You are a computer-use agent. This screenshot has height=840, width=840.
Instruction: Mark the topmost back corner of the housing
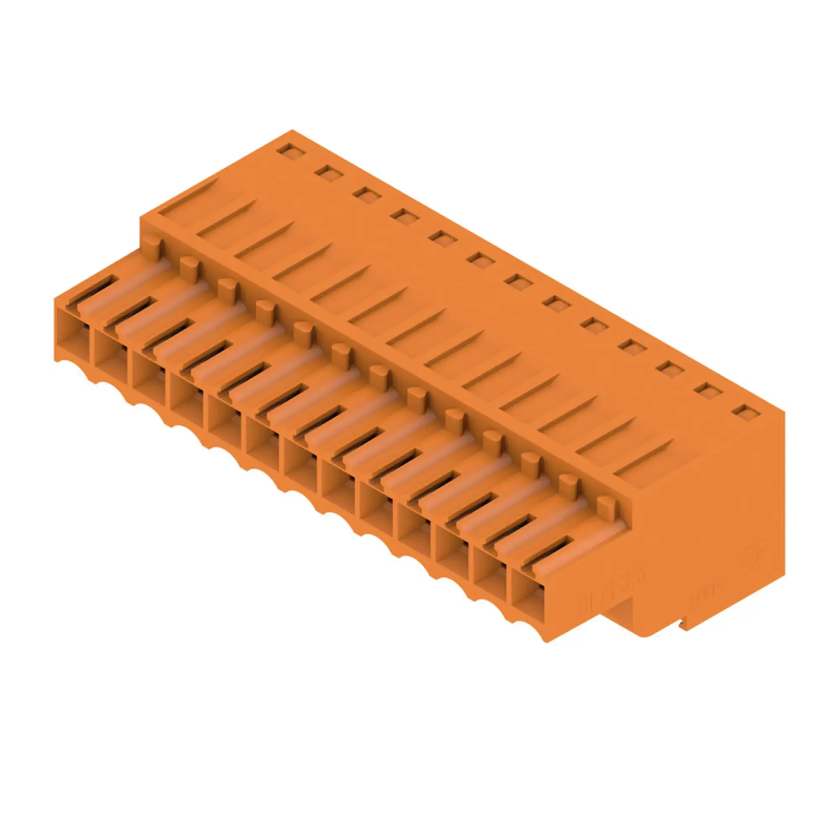click(x=292, y=130)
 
